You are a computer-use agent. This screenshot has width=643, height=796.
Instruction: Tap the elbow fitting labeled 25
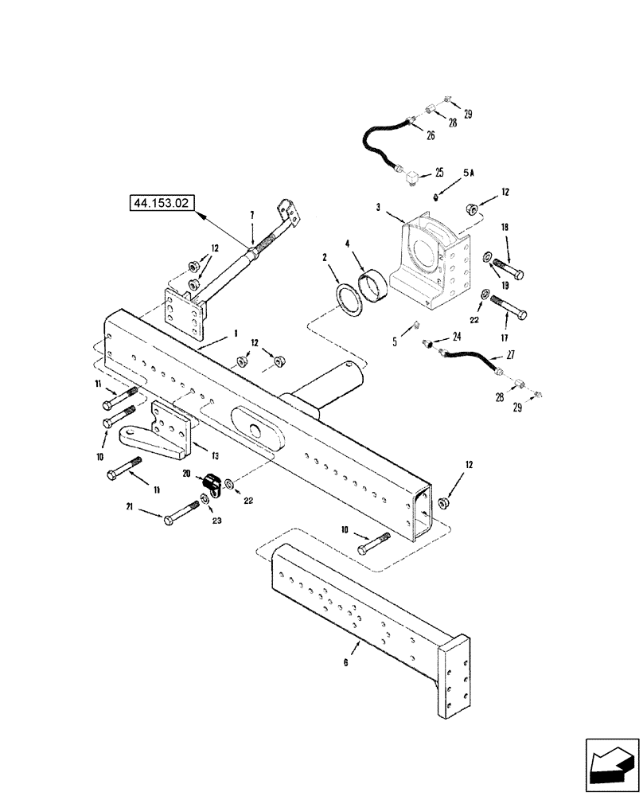click(415, 178)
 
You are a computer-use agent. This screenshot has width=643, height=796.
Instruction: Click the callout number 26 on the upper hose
click(431, 136)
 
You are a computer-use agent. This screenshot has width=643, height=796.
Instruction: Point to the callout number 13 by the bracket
click(216, 455)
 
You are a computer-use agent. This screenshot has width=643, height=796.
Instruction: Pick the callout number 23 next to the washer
click(216, 521)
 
